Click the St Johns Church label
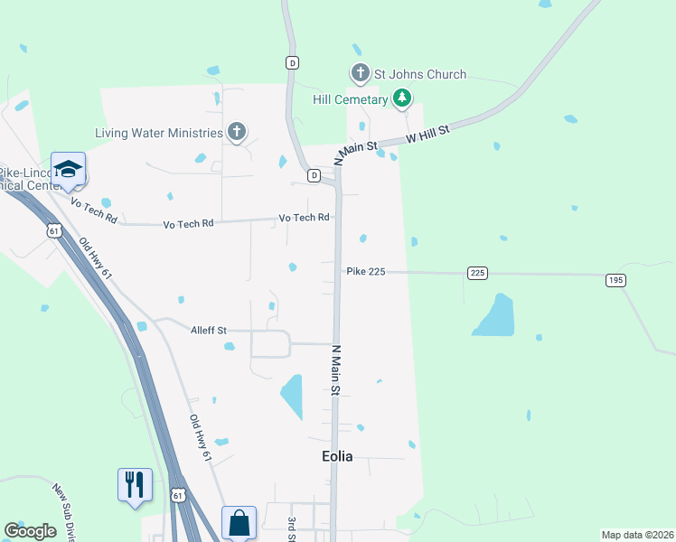(421, 74)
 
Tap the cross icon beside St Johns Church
(360, 72)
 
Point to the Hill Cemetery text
(350, 99)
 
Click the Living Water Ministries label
(159, 133)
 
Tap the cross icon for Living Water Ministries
(236, 133)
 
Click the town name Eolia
(337, 456)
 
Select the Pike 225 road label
(366, 271)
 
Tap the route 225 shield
(478, 272)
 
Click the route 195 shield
(615, 280)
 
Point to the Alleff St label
(208, 330)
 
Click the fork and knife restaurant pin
(135, 484)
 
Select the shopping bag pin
(239, 522)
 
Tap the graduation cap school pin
(68, 169)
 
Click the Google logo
(30, 531)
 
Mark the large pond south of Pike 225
(493, 315)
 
